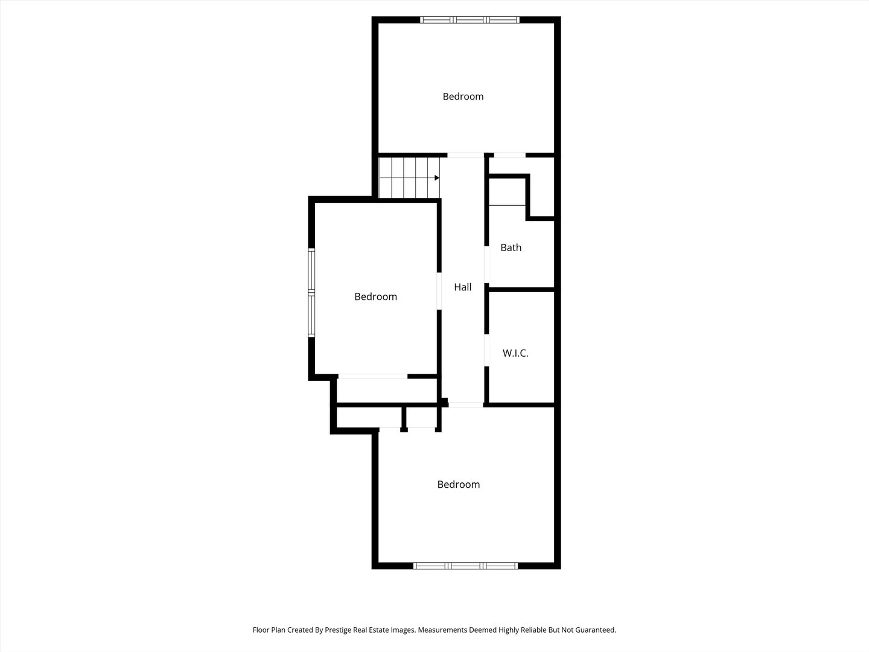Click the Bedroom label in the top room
pos(463,97)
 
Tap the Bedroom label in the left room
pos(375,296)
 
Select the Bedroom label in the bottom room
pos(459,484)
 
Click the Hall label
pos(463,287)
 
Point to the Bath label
pos(511,248)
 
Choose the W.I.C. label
pos(515,353)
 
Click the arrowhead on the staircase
pos(436,178)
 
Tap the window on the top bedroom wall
pos(470,20)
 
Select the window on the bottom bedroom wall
pos(465,566)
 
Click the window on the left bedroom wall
pos(311,293)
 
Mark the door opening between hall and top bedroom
pos(465,155)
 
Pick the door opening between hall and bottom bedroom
pos(465,404)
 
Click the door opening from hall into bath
pos(486,266)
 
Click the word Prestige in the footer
pos(339,630)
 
